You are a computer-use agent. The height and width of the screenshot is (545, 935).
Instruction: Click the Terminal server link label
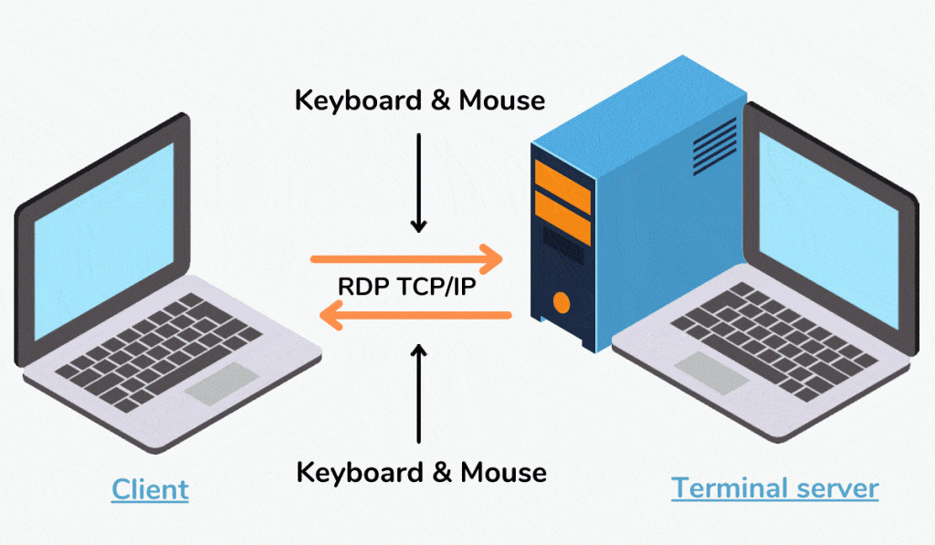click(774, 487)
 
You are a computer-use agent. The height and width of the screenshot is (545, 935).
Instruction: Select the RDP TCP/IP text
click(406, 287)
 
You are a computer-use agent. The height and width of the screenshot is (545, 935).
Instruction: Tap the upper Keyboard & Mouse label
click(419, 100)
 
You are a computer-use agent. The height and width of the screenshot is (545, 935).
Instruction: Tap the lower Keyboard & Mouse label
click(421, 472)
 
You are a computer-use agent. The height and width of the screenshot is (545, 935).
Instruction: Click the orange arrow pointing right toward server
click(407, 259)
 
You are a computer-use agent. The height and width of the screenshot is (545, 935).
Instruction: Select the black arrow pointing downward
click(419, 183)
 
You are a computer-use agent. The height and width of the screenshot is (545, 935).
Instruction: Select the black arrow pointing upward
click(419, 393)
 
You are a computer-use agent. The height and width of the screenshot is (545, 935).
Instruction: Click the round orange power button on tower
click(561, 301)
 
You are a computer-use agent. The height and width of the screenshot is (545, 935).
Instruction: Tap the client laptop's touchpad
click(219, 384)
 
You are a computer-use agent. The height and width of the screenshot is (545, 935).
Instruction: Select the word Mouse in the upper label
click(501, 100)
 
